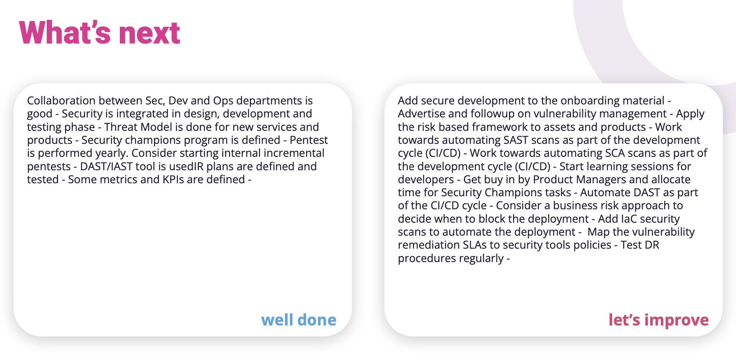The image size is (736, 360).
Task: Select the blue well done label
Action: point(299,320)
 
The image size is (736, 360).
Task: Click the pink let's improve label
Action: point(658,320)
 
